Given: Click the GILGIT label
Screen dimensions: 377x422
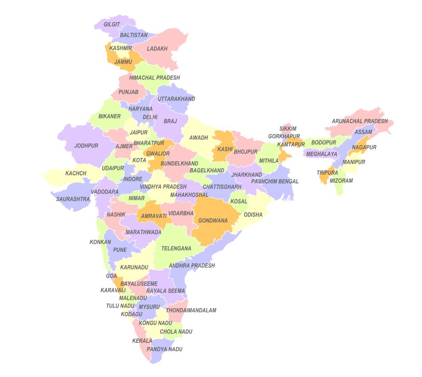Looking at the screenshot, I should pos(111,24).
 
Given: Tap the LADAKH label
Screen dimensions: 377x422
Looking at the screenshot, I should pos(157,49).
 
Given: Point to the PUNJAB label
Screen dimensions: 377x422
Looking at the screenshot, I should pos(128,92).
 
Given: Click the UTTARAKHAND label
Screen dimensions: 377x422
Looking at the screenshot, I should pos(176,99).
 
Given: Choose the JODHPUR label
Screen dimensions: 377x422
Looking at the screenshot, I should pos(86,145).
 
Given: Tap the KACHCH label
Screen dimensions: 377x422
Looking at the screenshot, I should pos(76,173).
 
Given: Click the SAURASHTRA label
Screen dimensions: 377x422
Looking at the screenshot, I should pos(73,198).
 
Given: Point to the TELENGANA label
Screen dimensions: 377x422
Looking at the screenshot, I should pos(176,248).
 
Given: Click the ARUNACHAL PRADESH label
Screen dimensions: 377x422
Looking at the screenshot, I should pos(359,121).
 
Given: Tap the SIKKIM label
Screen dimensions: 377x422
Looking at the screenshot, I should pos(288,129).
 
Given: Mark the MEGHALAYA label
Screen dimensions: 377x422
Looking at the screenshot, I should pos(322,154).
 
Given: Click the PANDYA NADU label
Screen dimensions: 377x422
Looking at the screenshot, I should pos(164,349).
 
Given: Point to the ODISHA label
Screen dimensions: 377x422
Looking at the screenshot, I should pos(253,215).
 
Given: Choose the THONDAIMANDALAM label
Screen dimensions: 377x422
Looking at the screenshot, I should pos(191,311).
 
